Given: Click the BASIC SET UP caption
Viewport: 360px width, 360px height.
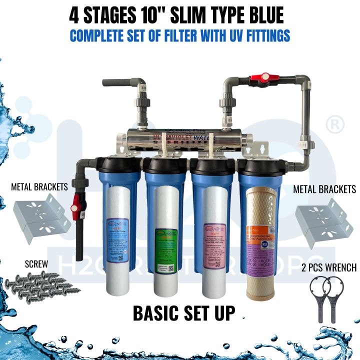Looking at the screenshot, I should point(184,313).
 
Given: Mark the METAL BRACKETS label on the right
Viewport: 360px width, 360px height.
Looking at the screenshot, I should point(324,189).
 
